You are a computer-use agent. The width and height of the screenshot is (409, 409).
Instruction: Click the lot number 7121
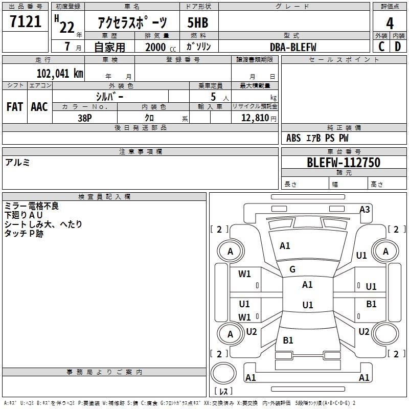point(25,22)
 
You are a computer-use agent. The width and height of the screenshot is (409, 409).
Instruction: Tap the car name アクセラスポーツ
point(132,23)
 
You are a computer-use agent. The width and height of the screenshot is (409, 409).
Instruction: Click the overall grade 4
point(390,23)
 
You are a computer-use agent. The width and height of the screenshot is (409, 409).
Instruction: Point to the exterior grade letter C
point(381,47)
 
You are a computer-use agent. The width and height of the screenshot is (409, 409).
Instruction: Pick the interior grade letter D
point(398,47)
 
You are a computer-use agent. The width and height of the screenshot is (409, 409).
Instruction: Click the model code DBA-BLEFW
point(293,47)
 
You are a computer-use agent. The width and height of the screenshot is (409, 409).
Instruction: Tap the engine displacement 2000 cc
point(159,47)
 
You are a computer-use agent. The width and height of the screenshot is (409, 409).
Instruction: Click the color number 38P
point(85,118)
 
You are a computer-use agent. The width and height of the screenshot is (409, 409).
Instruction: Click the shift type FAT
point(14,107)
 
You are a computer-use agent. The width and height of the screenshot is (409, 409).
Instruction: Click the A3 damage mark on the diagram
point(365,209)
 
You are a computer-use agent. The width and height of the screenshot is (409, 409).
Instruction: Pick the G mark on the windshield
point(292,269)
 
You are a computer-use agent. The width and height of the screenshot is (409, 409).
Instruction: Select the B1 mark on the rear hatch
point(288,340)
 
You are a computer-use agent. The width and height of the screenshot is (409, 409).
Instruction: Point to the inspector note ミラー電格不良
point(32,206)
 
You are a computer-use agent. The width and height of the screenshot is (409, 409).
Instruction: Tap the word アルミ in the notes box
point(17,163)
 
